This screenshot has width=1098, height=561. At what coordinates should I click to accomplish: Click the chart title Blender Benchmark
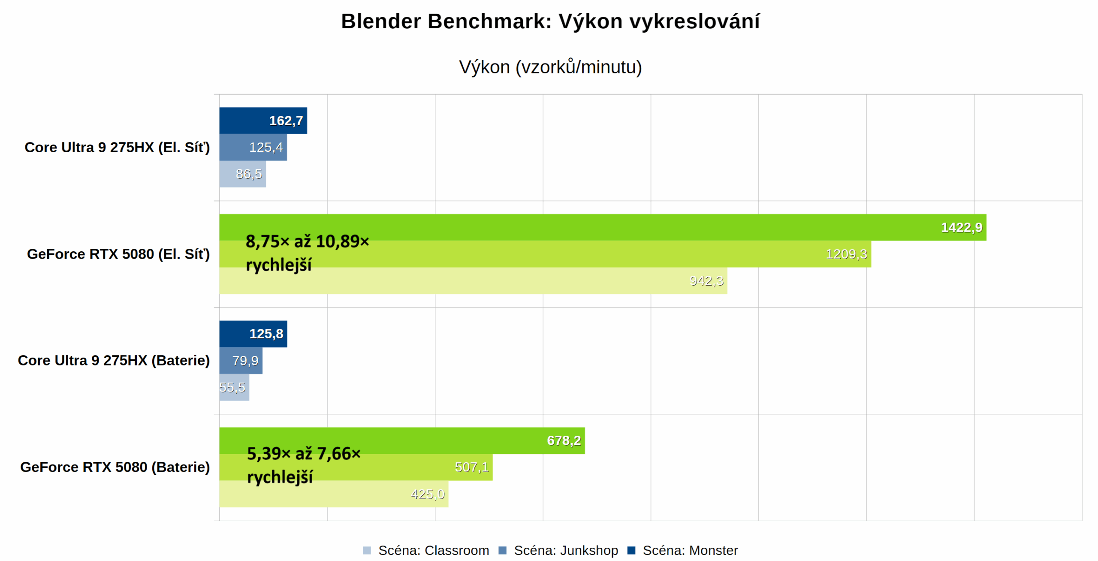coord(550,21)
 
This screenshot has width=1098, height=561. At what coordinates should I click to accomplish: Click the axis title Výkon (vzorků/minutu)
coord(550,67)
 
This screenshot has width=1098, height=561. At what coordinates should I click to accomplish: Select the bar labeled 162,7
coord(262,121)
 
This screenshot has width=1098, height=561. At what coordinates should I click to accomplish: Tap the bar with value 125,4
coord(253,147)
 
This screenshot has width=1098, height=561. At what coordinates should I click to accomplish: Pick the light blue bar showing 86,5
coord(242,174)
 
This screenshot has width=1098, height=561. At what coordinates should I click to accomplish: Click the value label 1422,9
coord(961,227)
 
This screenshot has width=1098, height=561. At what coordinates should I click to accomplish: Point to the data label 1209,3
coord(846,254)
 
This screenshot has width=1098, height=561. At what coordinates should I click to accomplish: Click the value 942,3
coord(706,280)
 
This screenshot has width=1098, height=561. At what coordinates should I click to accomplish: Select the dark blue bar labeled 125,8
coord(253,334)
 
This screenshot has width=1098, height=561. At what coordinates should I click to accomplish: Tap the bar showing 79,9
coord(241,360)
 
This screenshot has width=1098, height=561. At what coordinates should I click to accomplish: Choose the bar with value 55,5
coord(234,387)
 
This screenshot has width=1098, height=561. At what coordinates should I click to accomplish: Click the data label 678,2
coord(563,440)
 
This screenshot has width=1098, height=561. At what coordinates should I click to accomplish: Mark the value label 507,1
coord(471,467)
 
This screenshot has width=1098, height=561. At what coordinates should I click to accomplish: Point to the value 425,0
coord(427,494)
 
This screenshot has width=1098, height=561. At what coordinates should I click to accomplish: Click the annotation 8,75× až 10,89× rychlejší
coord(307,253)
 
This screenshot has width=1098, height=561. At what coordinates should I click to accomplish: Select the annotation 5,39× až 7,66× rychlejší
coord(303,465)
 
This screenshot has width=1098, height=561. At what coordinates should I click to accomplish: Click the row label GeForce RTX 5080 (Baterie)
coord(115,467)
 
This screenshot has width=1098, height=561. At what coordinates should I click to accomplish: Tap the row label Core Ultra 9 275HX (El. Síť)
coord(117,147)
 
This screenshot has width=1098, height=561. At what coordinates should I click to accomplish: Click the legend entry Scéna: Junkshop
coord(565,550)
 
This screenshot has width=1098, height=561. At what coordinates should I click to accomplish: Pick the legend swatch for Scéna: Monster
coord(630,550)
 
